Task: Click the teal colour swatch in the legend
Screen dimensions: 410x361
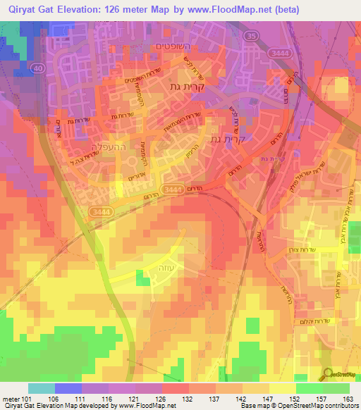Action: point(42,388)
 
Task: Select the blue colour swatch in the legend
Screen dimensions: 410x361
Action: point(68,388)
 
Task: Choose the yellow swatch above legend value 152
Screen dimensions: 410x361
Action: point(283,388)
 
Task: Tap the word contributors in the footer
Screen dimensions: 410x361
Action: point(341,406)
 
